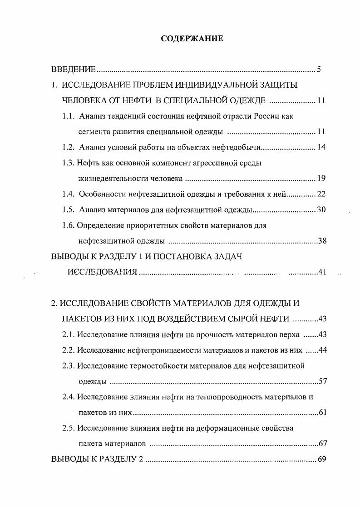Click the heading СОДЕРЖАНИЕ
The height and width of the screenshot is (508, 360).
192,39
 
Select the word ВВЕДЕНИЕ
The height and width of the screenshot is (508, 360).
73,70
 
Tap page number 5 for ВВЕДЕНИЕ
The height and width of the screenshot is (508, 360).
319,70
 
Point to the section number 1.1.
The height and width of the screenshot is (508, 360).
69,116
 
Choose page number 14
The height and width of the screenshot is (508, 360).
321,147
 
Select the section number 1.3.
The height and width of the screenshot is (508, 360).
69,163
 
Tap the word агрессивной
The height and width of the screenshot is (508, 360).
208,163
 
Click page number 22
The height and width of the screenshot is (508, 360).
321,194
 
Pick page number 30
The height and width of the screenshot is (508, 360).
321,209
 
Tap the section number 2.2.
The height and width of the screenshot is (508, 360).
69,349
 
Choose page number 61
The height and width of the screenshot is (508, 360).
323,412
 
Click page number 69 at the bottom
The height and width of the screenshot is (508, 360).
322,459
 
